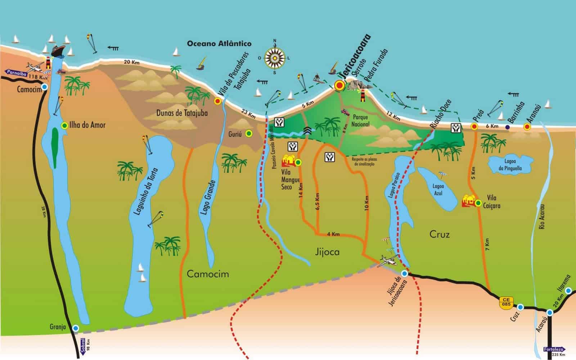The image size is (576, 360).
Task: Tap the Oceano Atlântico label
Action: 219,44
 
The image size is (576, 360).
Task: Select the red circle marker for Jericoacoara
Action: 339,86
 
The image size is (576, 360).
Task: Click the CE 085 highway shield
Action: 506,302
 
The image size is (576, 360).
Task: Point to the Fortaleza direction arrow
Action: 555,349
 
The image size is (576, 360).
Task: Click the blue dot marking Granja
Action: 76,328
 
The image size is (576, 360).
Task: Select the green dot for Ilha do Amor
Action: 65,125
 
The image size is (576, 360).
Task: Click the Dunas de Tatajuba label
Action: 182,113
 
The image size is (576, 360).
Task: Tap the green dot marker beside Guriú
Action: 248,134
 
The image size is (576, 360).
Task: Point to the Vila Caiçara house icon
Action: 468,201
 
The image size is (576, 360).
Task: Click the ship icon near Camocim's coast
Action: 58,51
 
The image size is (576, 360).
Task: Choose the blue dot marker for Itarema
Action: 568,291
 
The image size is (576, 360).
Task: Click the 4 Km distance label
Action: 333,234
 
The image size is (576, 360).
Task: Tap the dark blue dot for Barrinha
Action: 507,127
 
